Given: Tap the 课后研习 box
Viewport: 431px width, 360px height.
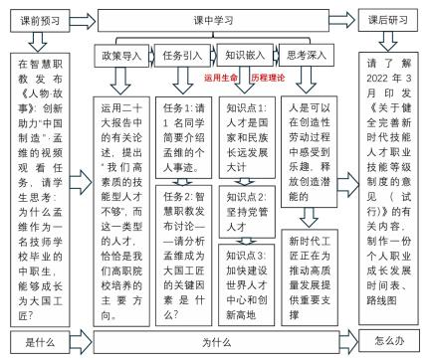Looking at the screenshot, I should point(394,18).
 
